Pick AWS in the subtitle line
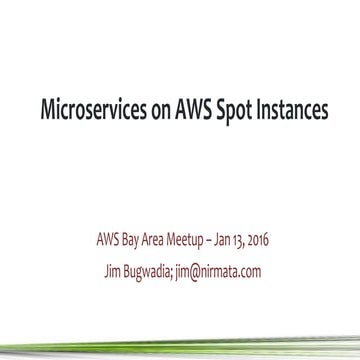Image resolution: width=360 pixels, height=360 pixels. click(107, 243)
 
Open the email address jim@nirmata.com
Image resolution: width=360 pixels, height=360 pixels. click(221, 271)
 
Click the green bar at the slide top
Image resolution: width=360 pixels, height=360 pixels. click(180, 3)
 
